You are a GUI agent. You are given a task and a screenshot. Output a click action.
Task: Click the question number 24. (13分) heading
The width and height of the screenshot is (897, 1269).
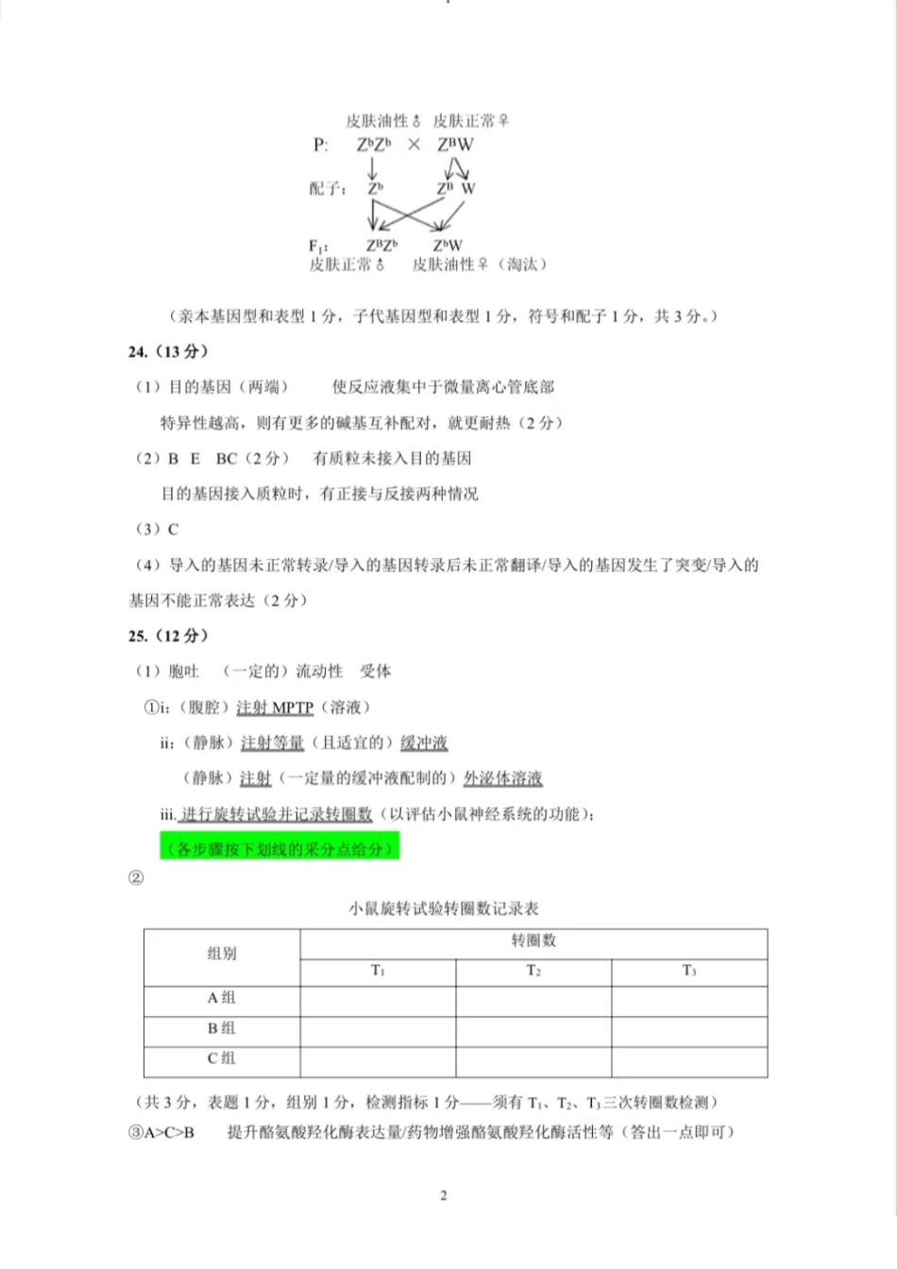coord(168,351)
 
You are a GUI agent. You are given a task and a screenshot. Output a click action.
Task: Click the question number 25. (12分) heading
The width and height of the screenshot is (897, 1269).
coord(168,635)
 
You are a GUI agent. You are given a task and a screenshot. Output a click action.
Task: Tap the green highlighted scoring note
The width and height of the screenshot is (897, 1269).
coord(280,849)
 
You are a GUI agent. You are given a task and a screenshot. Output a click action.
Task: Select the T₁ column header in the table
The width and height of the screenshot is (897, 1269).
coord(378,971)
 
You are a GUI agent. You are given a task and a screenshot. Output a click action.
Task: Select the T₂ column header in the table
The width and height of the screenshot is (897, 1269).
coord(533,971)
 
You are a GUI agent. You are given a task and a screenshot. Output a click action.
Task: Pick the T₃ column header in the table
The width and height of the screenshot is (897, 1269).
coord(689,971)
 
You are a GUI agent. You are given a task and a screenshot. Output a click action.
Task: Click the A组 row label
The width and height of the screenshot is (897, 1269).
coord(222,998)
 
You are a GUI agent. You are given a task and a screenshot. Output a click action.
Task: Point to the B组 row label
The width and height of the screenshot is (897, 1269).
coord(222,1028)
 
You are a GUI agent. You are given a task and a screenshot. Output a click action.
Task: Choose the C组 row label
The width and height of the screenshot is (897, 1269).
coord(222,1058)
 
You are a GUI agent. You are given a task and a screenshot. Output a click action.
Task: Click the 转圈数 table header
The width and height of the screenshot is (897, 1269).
coord(533,940)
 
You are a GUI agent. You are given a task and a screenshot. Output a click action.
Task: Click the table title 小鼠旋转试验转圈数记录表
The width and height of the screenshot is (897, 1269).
coord(444,908)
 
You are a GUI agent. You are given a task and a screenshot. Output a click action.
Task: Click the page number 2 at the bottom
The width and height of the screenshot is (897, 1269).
coord(444,1195)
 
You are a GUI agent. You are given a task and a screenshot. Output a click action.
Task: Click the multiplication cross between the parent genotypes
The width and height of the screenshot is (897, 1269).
coord(414,145)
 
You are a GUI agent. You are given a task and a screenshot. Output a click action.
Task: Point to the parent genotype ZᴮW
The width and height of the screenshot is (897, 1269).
coord(455,145)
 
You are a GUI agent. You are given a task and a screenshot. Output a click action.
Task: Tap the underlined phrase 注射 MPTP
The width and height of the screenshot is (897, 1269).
coord(275,707)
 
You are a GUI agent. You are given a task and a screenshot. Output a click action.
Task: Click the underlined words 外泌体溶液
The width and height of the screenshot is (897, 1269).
coord(502,778)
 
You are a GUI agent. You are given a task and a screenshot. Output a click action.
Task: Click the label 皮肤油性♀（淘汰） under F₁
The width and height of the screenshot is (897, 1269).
coord(479,264)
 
